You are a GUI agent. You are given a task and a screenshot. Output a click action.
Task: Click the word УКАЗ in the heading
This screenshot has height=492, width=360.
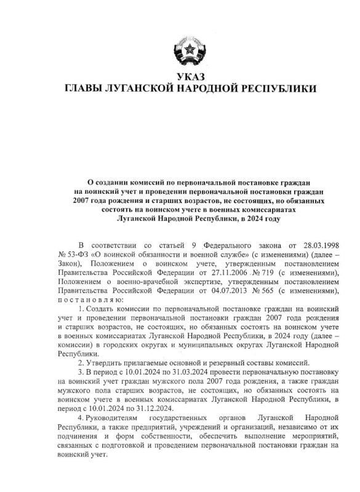click(x=180, y=77)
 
